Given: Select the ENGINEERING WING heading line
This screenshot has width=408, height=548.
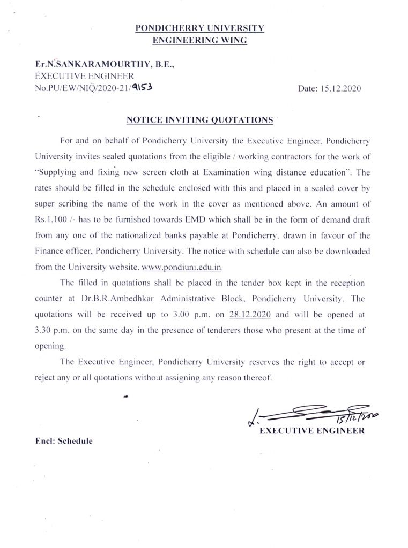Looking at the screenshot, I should pyautogui.click(x=199, y=40).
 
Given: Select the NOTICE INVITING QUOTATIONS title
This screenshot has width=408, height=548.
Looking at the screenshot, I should pyautogui.click(x=199, y=120).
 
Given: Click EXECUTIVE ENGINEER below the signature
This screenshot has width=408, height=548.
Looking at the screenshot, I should pyautogui.click(x=312, y=431).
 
